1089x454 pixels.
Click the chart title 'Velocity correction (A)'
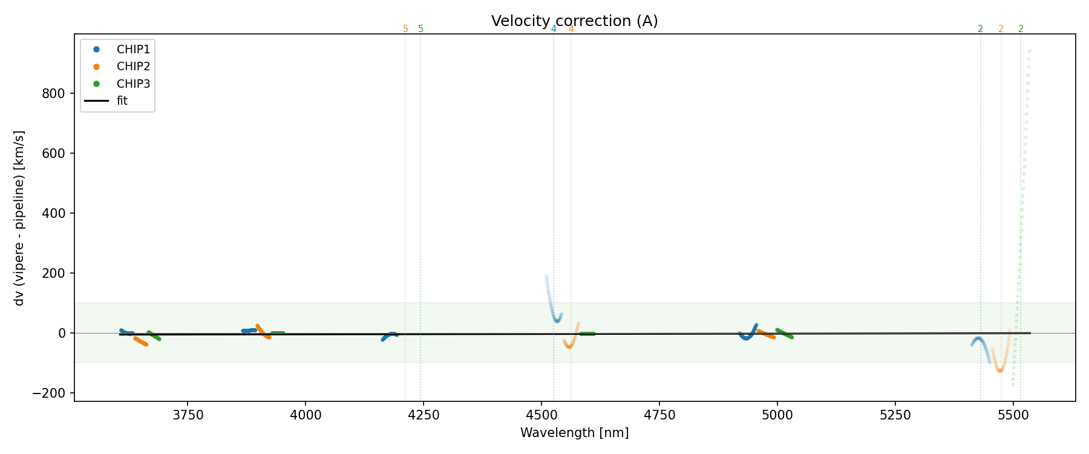tap(574, 21)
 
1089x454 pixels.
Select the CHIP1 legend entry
tap(133, 49)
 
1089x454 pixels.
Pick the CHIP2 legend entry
tap(133, 67)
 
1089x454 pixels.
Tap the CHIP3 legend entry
tap(133, 84)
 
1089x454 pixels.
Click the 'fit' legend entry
tap(122, 101)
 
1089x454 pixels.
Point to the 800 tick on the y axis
tap(56, 93)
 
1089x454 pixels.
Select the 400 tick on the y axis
tap(56, 213)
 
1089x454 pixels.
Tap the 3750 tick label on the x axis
tap(188, 415)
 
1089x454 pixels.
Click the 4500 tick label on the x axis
tap(541, 415)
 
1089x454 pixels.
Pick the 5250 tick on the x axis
tap(895, 415)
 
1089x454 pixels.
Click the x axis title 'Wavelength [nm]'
tap(574, 433)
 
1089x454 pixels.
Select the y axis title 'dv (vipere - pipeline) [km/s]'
tap(19, 218)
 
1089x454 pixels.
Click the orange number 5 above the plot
tap(405, 29)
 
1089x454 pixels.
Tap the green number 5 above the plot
tap(421, 29)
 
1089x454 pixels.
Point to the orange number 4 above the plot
tap(571, 29)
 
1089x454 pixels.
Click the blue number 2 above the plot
tap(980, 29)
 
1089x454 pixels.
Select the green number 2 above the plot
tap(1021, 29)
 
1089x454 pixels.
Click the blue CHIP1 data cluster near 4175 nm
tap(389, 335)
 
